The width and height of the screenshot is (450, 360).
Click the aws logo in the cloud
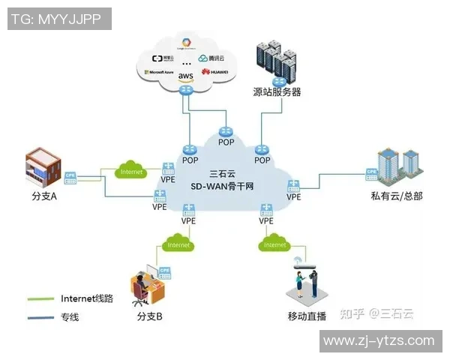185,76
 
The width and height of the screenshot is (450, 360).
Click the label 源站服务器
277,91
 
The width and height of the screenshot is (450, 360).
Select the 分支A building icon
43,168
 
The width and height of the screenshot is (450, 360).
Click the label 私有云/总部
397,196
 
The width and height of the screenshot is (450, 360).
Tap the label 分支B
150,316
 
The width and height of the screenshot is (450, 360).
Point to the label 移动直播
307,316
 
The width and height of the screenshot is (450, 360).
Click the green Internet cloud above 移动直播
275,244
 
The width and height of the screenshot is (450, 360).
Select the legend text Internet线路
87,298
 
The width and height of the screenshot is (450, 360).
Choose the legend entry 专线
70,317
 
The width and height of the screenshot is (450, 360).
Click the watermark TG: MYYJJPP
59,19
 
